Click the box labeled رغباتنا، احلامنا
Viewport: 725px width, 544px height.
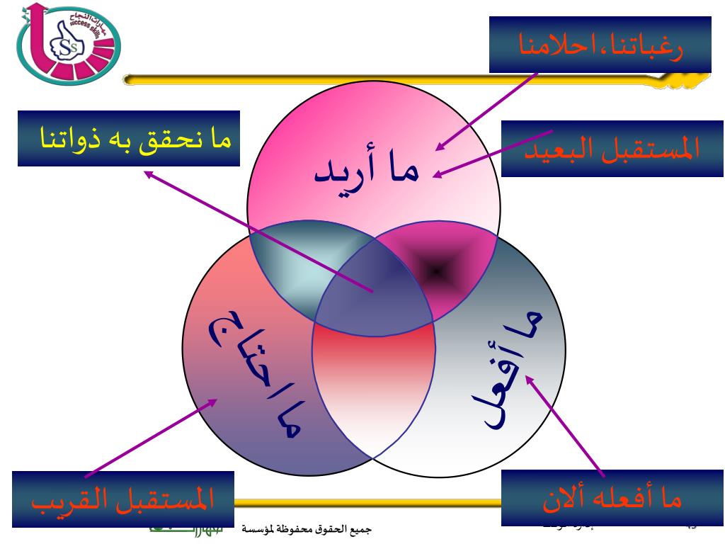(x=600, y=45)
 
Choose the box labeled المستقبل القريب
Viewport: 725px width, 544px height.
(x=113, y=499)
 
